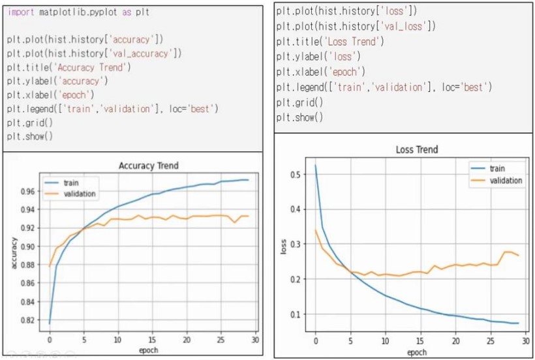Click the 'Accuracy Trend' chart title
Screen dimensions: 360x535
coord(148,166)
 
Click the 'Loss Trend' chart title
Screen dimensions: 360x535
coord(417,149)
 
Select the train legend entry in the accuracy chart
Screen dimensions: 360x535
coord(70,183)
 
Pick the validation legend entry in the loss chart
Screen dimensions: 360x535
coord(505,180)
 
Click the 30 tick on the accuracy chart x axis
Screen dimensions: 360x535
coord(255,340)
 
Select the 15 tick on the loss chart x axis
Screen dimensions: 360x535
coord(420,340)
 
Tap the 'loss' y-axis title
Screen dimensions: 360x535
coord(283,246)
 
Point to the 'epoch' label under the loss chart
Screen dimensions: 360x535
coord(417,352)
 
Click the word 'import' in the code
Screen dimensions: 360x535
coord(21,12)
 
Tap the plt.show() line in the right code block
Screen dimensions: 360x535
coord(299,117)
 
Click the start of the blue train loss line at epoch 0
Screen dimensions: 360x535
coord(316,166)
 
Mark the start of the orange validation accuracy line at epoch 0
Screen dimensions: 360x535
coord(50,266)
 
